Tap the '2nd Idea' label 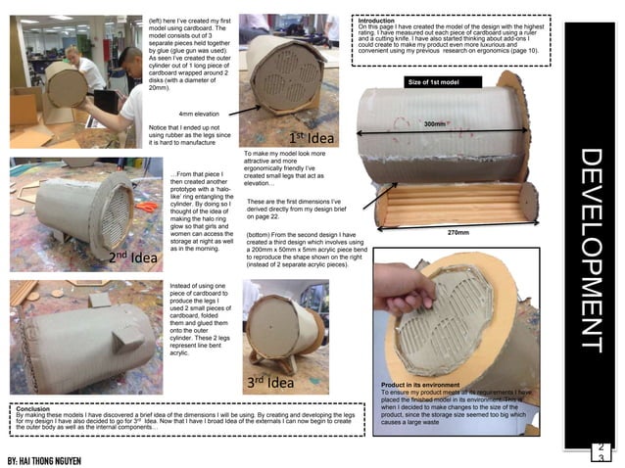pyautogui.click(x=134, y=257)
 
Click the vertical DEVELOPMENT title pyautogui.click(x=594, y=249)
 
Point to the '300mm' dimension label pyautogui.click(x=434, y=124)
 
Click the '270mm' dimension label pyautogui.click(x=459, y=233)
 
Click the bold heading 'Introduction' pyautogui.click(x=379, y=20)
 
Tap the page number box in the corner pyautogui.click(x=601, y=451)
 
